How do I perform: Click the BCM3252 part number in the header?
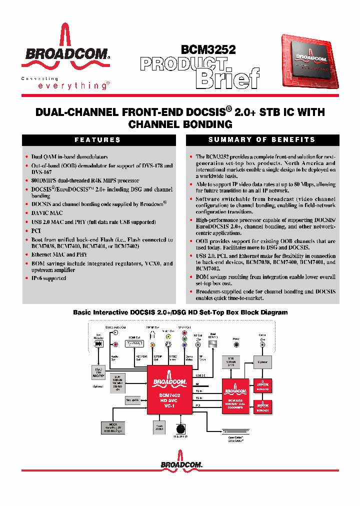tap(208, 49)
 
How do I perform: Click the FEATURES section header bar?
tap(97, 140)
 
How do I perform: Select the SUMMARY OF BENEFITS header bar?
tap(262, 140)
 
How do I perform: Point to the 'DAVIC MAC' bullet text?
tap(47, 213)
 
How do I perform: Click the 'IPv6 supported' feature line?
tap(48, 278)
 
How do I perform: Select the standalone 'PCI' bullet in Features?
tap(36, 231)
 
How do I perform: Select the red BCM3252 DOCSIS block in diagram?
tap(235, 392)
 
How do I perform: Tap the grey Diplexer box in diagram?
tap(262, 362)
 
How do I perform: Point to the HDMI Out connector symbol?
tap(134, 344)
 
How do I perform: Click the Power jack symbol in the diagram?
tap(236, 344)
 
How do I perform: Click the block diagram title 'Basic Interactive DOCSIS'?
tap(180, 312)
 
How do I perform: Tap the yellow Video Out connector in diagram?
tap(153, 344)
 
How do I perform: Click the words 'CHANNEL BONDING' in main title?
tap(180, 124)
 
